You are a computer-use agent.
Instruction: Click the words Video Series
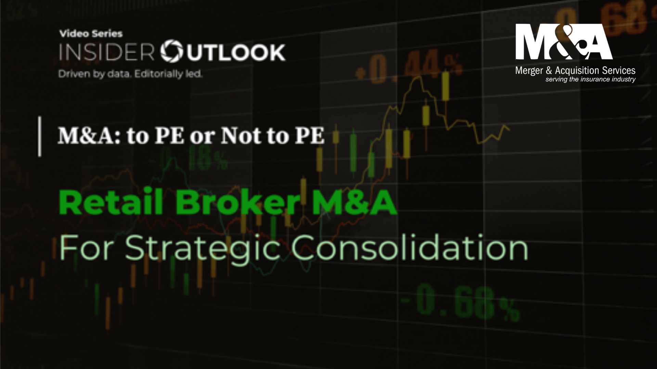tap(91, 33)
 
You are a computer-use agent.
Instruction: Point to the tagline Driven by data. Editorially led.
tap(130, 74)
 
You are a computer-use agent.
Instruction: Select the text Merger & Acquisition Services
tap(575, 71)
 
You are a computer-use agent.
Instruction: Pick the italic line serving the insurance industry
tap(590, 80)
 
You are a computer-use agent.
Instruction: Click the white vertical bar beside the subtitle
tap(40, 137)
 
